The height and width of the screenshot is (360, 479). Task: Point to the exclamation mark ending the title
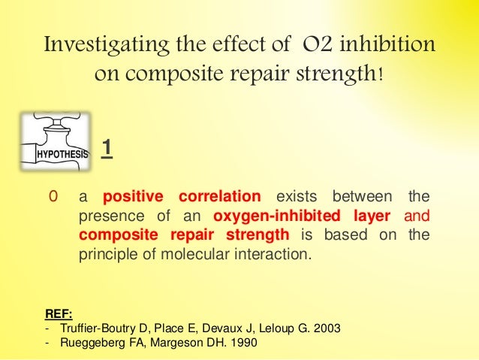click(x=384, y=76)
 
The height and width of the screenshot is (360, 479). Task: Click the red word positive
click(x=133, y=197)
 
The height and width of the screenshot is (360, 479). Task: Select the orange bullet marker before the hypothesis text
click(x=52, y=197)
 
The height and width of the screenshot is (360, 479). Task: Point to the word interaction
click(x=276, y=254)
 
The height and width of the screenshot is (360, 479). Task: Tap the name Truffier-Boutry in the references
click(x=94, y=329)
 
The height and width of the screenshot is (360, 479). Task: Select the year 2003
click(x=327, y=329)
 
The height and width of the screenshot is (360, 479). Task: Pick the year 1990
click(x=242, y=343)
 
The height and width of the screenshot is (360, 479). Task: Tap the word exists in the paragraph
click(x=295, y=197)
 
